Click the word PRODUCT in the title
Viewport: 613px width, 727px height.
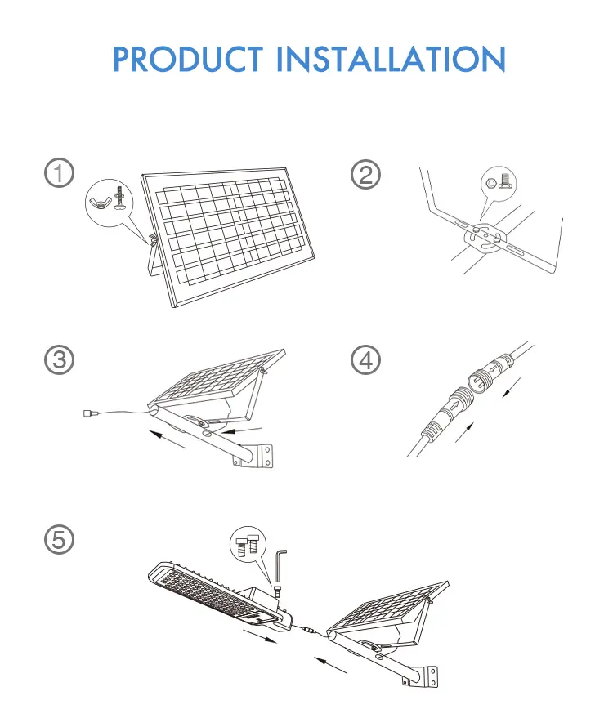pyautogui.click(x=188, y=59)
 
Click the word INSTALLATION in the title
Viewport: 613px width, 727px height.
pyautogui.click(x=391, y=59)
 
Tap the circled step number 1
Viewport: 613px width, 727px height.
pyautogui.click(x=59, y=173)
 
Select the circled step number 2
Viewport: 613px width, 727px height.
pyautogui.click(x=365, y=175)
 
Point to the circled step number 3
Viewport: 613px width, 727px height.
pyautogui.click(x=59, y=359)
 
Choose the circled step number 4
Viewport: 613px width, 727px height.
pyautogui.click(x=365, y=360)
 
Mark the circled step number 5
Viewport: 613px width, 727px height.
pyautogui.click(x=59, y=539)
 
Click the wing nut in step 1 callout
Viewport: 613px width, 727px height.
pyautogui.click(x=101, y=202)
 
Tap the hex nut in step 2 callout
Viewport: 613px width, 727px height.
pyautogui.click(x=492, y=184)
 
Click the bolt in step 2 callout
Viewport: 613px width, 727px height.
pyautogui.click(x=506, y=181)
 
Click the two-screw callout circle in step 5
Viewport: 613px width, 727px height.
pyautogui.click(x=248, y=544)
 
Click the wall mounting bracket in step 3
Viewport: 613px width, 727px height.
pyautogui.click(x=260, y=456)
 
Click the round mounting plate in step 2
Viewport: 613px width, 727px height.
pyautogui.click(x=485, y=238)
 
